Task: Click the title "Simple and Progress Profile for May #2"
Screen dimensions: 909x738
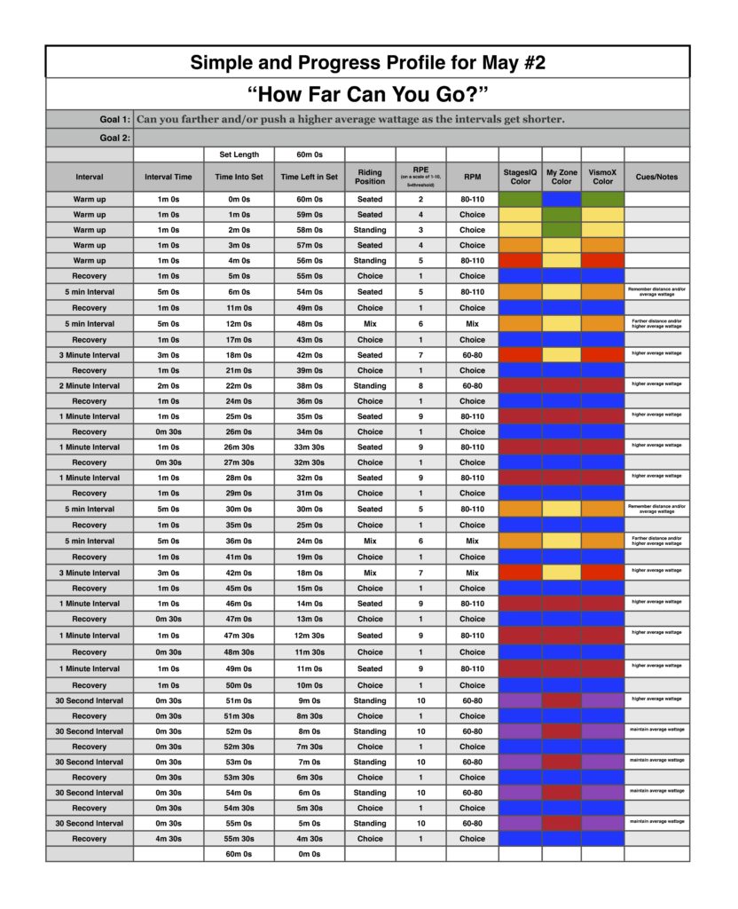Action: point(368,62)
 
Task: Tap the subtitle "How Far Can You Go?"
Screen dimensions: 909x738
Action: point(368,94)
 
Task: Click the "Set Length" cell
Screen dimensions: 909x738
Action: point(239,154)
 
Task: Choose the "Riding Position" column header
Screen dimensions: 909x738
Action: point(370,177)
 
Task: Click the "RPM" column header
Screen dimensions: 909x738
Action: point(472,177)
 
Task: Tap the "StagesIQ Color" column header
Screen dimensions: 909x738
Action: point(520,177)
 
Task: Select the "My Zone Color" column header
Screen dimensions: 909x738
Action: point(561,177)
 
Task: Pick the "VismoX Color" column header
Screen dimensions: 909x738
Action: point(602,177)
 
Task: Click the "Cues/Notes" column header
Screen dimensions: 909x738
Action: point(656,177)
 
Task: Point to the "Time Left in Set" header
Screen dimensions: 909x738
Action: point(309,177)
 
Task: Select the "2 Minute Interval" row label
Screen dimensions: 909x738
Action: point(89,386)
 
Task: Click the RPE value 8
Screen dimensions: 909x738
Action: point(421,386)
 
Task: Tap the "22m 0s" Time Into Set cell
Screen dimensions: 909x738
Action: point(239,386)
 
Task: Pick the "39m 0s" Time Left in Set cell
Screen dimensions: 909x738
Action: point(309,370)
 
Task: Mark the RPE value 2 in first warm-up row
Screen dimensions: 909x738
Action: point(421,200)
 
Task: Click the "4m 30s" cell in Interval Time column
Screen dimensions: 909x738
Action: point(169,839)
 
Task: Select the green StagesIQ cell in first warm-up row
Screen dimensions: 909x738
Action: point(520,200)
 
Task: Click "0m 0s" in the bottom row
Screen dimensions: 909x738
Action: point(309,854)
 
